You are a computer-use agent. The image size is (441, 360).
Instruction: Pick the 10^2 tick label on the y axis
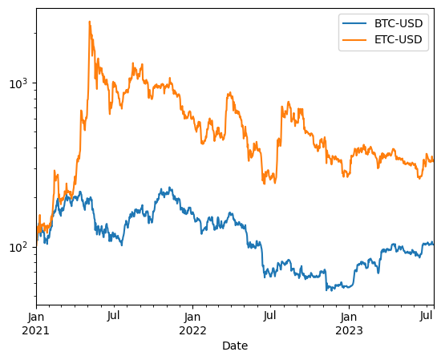(18, 247)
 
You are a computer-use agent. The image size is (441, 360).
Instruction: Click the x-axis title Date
(235, 346)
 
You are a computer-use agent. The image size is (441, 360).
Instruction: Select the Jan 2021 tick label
(36, 318)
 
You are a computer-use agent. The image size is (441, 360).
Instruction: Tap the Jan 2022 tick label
(192, 318)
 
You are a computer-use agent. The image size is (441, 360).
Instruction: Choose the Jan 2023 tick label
(349, 318)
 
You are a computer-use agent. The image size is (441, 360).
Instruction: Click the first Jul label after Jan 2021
(114, 318)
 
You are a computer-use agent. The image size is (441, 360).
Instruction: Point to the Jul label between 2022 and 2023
(270, 318)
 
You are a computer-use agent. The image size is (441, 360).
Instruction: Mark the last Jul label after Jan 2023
(426, 318)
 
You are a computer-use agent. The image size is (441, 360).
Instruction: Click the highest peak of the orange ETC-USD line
(89, 22)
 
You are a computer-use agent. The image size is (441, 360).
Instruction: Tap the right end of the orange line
(434, 160)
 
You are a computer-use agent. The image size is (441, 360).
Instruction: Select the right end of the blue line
(434, 243)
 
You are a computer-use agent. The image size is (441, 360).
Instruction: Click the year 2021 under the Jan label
(36, 330)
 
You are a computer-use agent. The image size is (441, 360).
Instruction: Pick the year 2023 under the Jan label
(349, 330)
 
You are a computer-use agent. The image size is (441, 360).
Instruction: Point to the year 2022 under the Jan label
(192, 330)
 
